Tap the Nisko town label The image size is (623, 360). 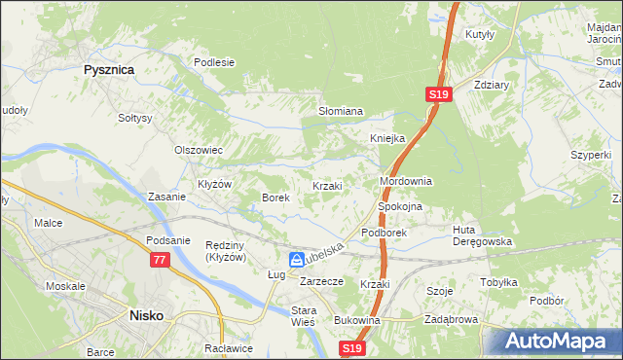click(x=148, y=315)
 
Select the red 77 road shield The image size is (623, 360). click(x=160, y=260)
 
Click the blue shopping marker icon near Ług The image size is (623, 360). click(x=296, y=259)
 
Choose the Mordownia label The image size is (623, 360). click(x=405, y=182)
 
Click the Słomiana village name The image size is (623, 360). click(x=341, y=112)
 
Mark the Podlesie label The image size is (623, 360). click(x=214, y=62)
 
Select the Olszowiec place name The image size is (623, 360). click(x=199, y=150)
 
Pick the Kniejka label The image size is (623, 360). click(x=386, y=138)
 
